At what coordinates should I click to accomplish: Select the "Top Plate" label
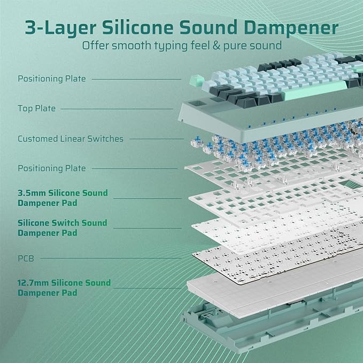coord(36,109)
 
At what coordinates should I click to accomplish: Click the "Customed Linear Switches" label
coord(70,138)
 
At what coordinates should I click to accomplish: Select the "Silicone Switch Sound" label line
coord(62,222)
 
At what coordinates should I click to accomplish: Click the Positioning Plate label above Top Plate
coord(51,79)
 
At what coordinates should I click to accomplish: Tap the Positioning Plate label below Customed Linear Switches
coord(51,168)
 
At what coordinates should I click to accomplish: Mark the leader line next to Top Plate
coord(118,109)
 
